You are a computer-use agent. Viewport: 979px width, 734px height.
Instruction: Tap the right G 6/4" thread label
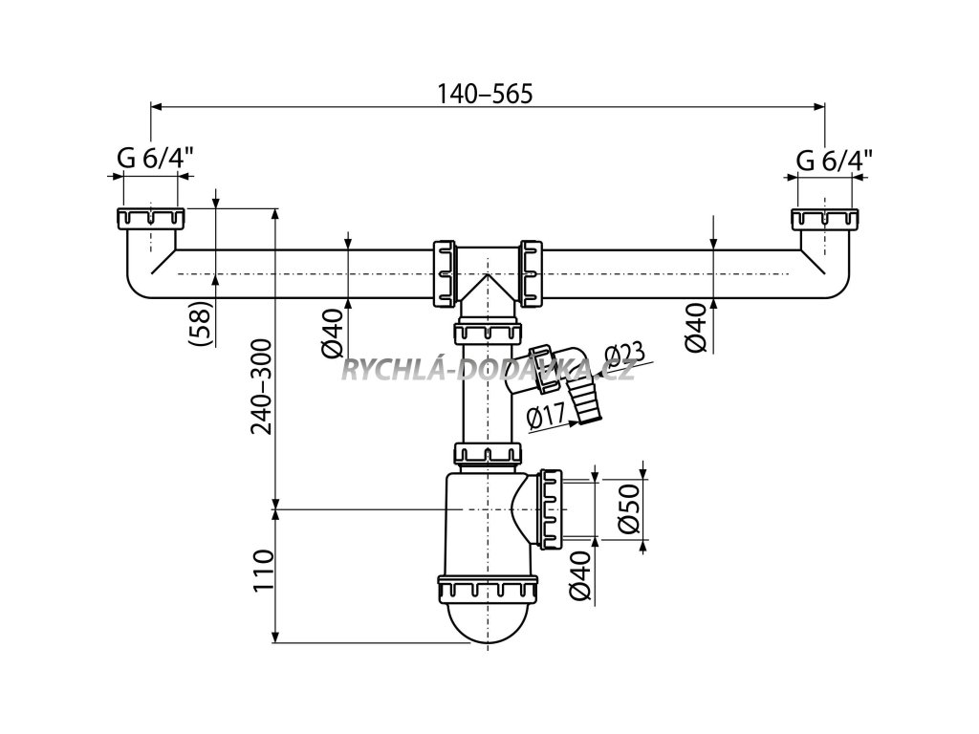[834, 160]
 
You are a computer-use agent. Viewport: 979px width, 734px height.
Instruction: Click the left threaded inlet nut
[150, 218]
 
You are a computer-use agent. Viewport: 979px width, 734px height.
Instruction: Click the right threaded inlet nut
[825, 218]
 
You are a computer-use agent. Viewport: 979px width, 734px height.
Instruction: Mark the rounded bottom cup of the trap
[488, 626]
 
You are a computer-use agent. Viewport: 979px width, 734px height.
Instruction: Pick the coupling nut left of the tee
[445, 273]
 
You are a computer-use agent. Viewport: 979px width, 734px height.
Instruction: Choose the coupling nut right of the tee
[531, 273]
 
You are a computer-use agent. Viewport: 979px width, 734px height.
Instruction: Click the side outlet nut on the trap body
[552, 507]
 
